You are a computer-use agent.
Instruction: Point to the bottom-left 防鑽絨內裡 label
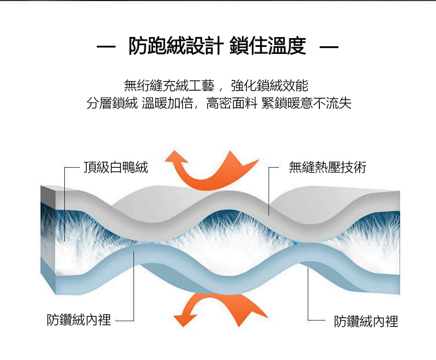tap(78, 320)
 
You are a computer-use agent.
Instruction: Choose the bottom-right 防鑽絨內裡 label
tap(366, 321)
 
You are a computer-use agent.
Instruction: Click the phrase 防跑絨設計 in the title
tap(175, 46)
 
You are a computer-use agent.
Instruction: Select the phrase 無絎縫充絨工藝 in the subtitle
tap(171, 85)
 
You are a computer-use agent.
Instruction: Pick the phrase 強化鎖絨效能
tap(270, 85)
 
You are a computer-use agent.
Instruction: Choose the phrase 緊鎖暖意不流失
tap(306, 102)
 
